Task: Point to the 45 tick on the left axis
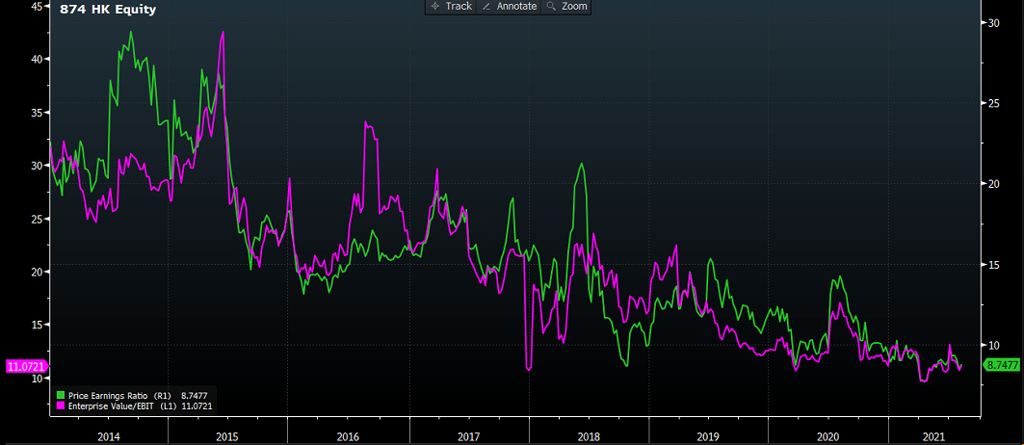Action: click(36, 6)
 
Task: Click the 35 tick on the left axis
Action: click(36, 113)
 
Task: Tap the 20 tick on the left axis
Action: click(36, 273)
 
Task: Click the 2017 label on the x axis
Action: click(468, 436)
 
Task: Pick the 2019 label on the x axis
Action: click(708, 436)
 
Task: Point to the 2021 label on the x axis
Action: click(932, 436)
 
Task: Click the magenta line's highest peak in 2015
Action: click(223, 32)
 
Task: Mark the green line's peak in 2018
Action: click(581, 164)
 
